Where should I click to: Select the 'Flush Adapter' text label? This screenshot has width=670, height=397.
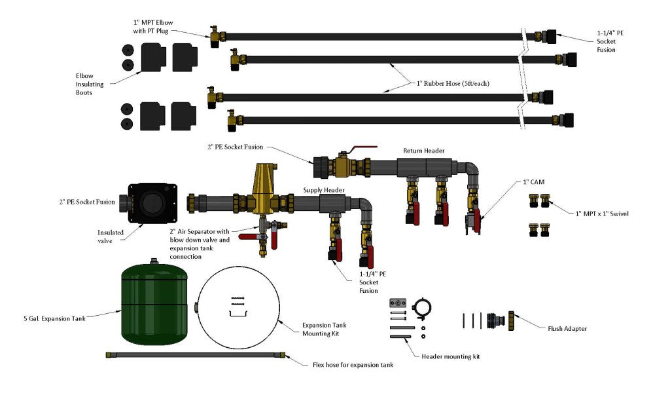[566, 328]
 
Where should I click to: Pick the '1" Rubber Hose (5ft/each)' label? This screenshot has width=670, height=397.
[453, 83]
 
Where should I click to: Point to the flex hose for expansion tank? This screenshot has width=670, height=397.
[195, 354]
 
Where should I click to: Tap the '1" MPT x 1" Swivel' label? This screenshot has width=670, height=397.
[601, 213]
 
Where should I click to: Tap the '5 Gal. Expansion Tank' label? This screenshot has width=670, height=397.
[54, 319]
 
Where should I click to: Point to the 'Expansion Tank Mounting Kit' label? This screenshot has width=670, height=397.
[324, 329]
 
